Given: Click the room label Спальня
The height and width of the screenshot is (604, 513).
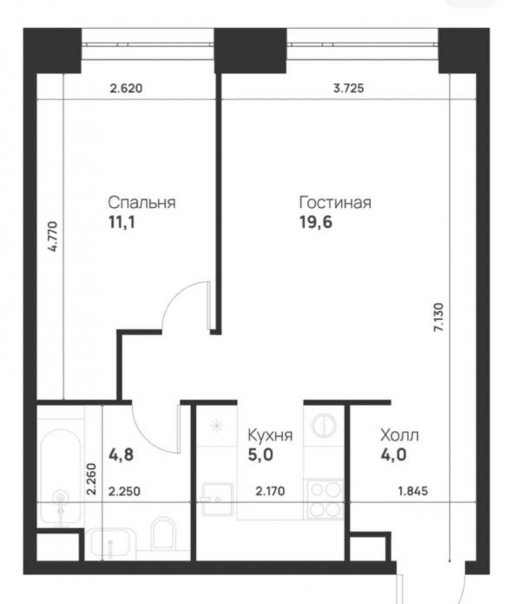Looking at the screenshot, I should click(142, 203).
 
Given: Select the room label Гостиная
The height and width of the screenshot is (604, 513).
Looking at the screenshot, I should click(335, 203).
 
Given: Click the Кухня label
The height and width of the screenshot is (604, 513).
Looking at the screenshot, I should click(270, 435).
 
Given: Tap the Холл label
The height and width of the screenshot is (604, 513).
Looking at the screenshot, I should click(399, 435).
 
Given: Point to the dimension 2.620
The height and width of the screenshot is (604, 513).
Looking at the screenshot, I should click(126, 88).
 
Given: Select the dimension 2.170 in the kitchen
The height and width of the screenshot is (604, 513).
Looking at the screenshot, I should click(270, 491).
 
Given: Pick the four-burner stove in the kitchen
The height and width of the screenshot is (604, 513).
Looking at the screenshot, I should click(325, 498).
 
